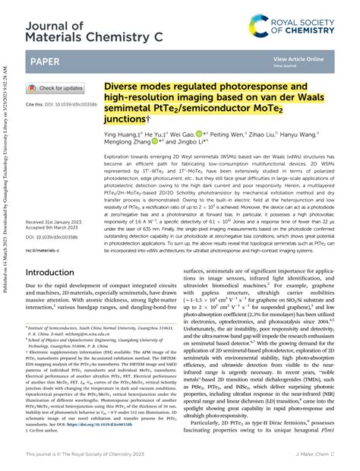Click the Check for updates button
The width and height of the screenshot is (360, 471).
click(x=56, y=88)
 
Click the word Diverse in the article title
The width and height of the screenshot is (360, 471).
click(x=125, y=87)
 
